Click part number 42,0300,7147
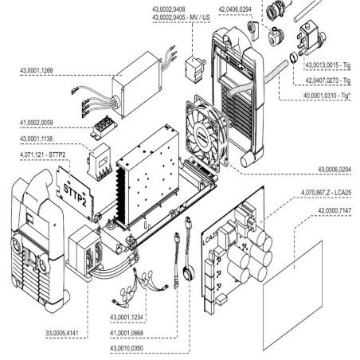pos(329,209)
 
